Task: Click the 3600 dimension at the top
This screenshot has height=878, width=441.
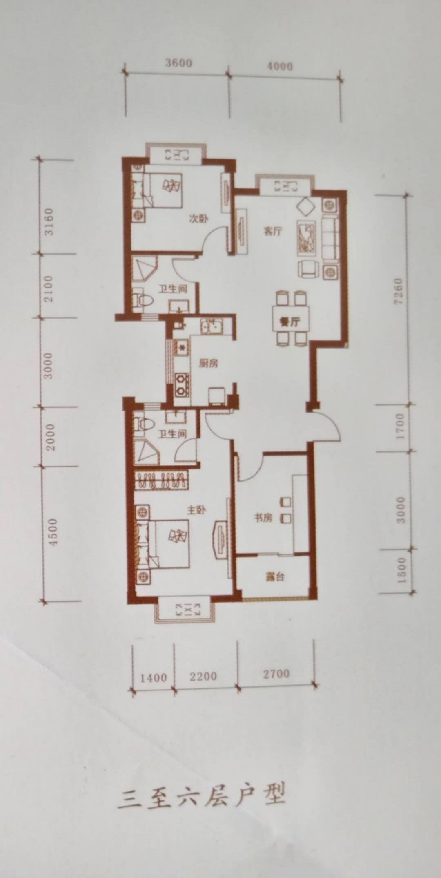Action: tap(179, 63)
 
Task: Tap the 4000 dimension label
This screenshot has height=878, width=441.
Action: tap(280, 66)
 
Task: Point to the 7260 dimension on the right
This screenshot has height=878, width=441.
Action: tap(398, 291)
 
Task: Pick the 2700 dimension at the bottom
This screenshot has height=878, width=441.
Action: tap(276, 673)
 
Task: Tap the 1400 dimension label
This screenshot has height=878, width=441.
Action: tap(153, 677)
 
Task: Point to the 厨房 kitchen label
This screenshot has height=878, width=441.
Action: tap(208, 363)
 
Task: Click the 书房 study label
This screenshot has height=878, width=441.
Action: tap(263, 518)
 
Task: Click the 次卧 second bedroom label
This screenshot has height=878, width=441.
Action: tap(199, 219)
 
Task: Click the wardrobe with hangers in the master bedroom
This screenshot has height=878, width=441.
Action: tap(162, 480)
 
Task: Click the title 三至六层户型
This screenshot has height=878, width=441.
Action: tap(201, 794)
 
